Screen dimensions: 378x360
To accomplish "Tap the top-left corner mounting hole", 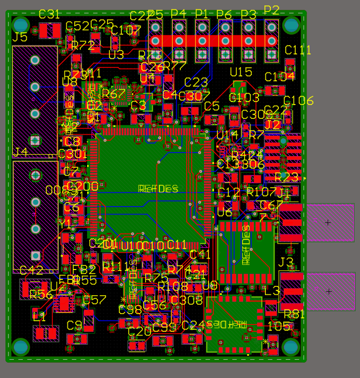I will [21, 24].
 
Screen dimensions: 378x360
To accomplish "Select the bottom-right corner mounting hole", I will [291, 347].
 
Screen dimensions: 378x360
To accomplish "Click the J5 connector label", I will [20, 37].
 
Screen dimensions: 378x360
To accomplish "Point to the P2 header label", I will [272, 9].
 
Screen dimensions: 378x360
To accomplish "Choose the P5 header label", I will [155, 14].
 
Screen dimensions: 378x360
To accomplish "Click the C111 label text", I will [298, 50].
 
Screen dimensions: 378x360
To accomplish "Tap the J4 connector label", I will [20, 152].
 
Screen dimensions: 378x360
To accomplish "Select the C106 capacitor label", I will [299, 101].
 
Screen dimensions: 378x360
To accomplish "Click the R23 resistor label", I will [287, 177].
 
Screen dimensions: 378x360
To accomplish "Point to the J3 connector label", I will [286, 262].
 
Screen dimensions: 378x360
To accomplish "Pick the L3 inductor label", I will [272, 291].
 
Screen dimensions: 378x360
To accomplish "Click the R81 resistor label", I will [294, 314].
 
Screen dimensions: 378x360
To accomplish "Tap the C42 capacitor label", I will [31, 270].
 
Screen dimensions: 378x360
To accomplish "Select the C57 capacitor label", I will [94, 299].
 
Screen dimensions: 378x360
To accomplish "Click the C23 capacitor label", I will [196, 82].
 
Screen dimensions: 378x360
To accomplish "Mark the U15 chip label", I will [241, 72].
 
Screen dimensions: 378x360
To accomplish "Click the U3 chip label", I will [116, 55].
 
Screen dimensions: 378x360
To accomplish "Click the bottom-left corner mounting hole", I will [21, 347].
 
